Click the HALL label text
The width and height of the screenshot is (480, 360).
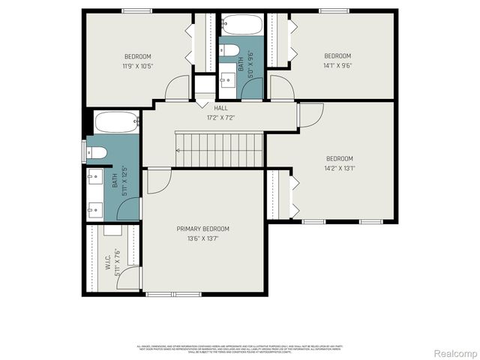pyautogui.click(x=220, y=109)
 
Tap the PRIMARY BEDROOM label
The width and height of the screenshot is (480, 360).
pyautogui.click(x=202, y=229)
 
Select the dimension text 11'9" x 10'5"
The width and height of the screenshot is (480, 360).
pyautogui.click(x=137, y=66)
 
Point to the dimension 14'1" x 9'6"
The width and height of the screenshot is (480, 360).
pyautogui.click(x=337, y=65)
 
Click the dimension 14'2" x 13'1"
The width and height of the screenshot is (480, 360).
pyautogui.click(x=339, y=168)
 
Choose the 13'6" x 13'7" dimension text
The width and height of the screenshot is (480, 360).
pyautogui.click(x=202, y=238)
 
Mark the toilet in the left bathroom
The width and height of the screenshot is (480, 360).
pyautogui.click(x=97, y=153)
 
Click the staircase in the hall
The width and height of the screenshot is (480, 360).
pyautogui.click(x=220, y=149)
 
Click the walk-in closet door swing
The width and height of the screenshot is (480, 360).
pyautogui.click(x=129, y=277)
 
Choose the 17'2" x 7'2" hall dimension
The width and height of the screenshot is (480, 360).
pyautogui.click(x=220, y=118)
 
